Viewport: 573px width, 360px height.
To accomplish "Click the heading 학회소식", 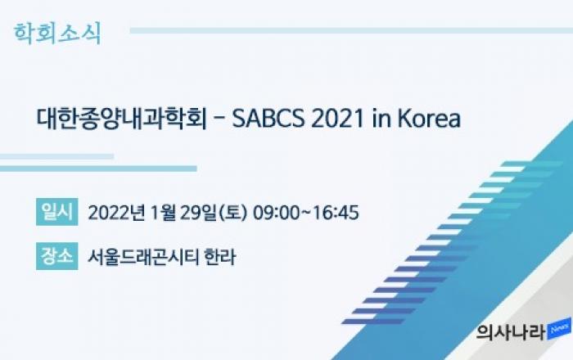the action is click(x=57, y=34).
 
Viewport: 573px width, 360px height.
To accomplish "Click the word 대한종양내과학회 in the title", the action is click(x=122, y=119).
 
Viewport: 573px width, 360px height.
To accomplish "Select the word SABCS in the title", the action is click(x=268, y=119).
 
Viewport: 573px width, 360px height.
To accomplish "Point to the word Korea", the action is click(x=429, y=119).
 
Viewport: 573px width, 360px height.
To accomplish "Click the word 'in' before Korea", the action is click(x=381, y=119).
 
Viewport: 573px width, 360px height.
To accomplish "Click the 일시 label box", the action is click(x=57, y=212).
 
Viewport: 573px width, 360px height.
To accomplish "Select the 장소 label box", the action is click(x=57, y=256).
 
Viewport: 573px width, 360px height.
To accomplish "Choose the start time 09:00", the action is click(x=277, y=213).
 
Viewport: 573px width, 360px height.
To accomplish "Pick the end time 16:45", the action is click(x=336, y=213).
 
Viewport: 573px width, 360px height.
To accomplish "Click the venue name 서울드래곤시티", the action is click(x=143, y=257).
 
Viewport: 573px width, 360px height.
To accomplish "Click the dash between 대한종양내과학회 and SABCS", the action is click(x=219, y=119).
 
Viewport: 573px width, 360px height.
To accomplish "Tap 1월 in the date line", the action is click(x=163, y=213).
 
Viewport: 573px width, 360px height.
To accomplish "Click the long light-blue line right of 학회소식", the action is click(x=351, y=30).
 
